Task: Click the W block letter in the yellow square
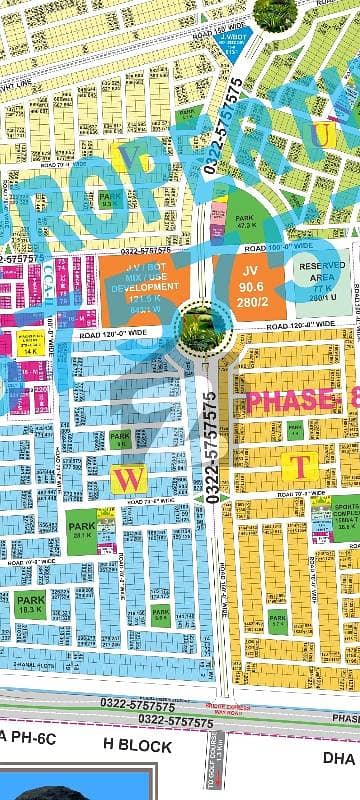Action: tap(128, 479)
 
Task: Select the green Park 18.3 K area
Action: tap(29, 603)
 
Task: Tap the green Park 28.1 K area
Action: tap(80, 523)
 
